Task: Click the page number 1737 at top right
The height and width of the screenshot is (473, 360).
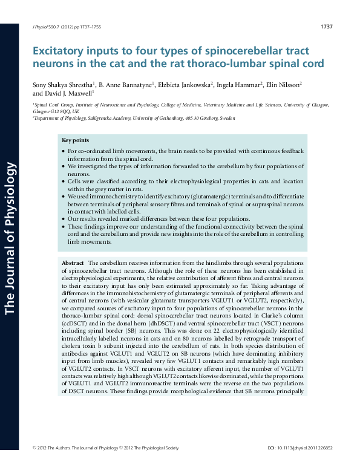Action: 326,27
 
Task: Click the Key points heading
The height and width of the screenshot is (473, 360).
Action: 74,140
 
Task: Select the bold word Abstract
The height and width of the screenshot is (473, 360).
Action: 73,264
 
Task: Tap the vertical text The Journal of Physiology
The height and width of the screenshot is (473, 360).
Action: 9,236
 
